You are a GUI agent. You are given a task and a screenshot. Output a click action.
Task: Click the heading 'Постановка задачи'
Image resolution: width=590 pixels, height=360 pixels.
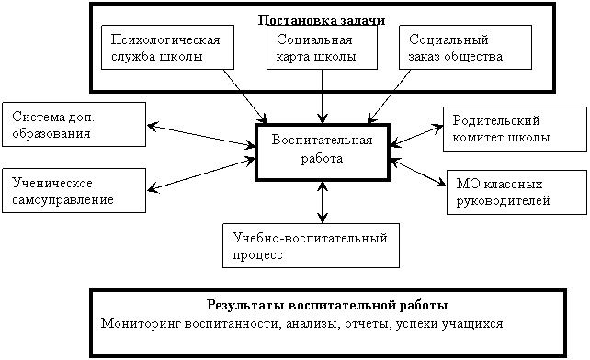pos(322,20)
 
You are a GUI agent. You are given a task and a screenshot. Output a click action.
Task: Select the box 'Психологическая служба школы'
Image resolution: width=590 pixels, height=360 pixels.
pos(167,48)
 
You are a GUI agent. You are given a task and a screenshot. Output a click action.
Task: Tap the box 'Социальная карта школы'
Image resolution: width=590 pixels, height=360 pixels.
pos(322,48)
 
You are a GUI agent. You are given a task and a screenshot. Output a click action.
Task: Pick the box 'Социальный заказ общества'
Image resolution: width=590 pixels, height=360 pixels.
pos(465,48)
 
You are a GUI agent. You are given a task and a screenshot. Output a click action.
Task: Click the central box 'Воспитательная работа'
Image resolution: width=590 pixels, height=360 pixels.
pos(323,152)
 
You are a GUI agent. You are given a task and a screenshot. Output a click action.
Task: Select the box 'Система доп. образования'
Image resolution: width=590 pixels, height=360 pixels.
pos(74,125)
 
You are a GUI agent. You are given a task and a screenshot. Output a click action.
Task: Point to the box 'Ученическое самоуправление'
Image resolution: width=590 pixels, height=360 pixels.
pos(74,190)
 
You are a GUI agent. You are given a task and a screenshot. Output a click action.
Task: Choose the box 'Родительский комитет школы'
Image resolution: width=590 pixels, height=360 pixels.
pos(515,129)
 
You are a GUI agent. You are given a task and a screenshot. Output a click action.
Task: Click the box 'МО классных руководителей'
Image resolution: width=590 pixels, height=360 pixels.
pos(516,192)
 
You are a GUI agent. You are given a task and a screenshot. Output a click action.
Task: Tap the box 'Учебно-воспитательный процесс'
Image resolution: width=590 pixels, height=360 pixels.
pos(311,245)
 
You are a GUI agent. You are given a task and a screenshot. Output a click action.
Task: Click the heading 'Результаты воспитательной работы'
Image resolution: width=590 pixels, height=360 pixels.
pos(327,305)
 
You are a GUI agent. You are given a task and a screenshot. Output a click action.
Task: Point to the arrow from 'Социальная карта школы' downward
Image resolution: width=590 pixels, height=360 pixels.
pos(322,96)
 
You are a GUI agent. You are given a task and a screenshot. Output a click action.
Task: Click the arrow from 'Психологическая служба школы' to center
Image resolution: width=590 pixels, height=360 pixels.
pos(245,96)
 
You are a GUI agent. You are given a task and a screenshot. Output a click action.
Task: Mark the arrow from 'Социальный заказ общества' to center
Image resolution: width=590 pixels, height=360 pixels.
pos(389,96)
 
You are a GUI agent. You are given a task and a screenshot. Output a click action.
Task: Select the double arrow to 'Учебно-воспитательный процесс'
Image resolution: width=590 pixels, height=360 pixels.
pos(322,202)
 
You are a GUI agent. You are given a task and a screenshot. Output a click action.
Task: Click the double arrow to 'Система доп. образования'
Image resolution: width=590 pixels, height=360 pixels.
pos(201,135)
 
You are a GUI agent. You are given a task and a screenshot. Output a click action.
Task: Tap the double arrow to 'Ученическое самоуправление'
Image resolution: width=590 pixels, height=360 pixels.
pos(201,174)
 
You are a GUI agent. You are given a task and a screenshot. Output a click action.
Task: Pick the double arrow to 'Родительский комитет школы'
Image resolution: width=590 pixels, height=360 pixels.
pos(416,135)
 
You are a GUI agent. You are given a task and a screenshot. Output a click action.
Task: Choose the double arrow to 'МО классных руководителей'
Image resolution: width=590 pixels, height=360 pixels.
pos(418,173)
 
